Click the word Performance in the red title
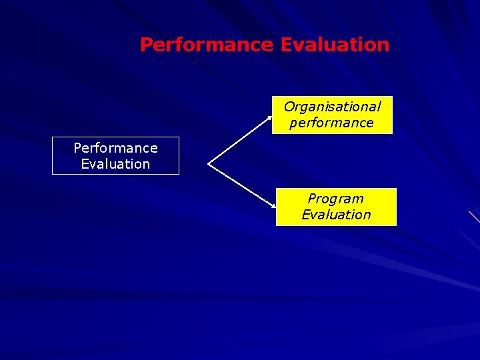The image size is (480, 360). tap(206, 45)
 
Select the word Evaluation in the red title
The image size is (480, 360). tap(335, 45)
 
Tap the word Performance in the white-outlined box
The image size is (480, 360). tap(115, 148)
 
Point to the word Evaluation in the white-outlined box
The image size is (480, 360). tap(115, 164)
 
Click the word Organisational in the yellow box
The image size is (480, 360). tap(332, 107)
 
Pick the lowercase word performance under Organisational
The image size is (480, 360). tap(331, 123)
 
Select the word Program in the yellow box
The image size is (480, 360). tap(335, 199)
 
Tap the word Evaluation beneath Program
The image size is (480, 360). tap(336, 215)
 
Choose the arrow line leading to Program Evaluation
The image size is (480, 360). tap(241, 185)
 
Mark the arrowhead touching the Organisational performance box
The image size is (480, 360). tap(269, 117)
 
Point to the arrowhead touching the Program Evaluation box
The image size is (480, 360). tap(273, 205)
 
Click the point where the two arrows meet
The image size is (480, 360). tap(209, 163)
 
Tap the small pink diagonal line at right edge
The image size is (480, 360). tap(474, 216)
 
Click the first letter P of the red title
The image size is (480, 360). tap(146, 45)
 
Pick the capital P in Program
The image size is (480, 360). tap(311, 199)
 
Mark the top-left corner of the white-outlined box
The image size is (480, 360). tap(53, 137)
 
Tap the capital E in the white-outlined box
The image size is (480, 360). tap(85, 164)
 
